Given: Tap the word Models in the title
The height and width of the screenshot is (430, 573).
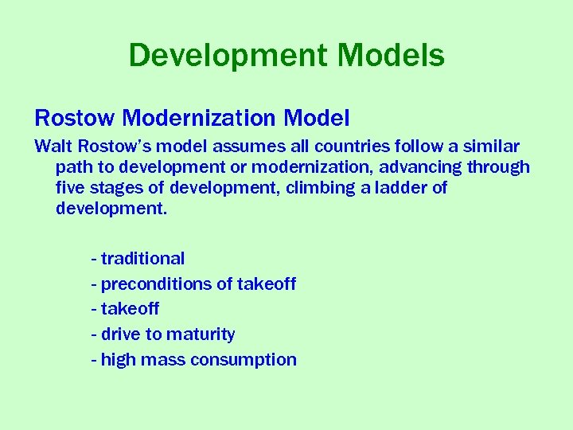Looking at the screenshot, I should coord(392,56).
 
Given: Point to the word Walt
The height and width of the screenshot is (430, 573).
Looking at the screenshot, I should coord(52,147).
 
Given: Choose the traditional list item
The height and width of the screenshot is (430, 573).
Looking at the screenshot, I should coord(142,259).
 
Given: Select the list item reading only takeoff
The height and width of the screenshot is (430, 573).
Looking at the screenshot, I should coord(130,309).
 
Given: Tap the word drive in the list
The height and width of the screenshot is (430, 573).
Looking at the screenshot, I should coord(119,334).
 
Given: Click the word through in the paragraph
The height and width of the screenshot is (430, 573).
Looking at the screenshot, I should coord(499,168).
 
